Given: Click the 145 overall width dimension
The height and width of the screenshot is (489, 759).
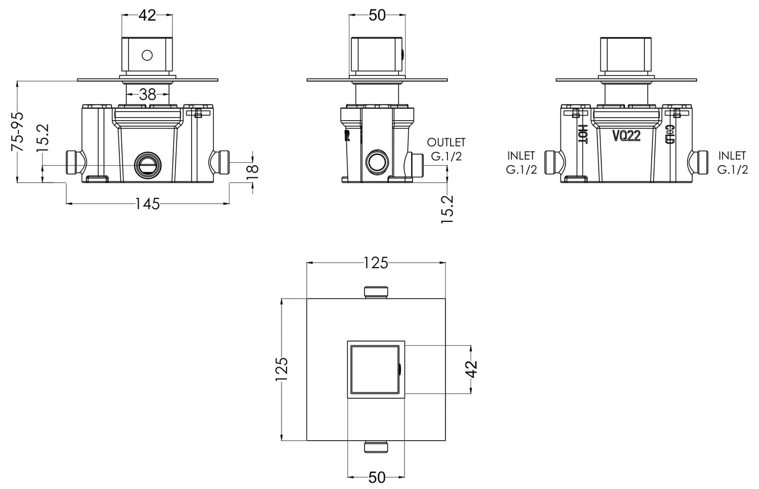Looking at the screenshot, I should pos(148,204).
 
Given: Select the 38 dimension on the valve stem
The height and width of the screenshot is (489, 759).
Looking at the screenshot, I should pos(148,94).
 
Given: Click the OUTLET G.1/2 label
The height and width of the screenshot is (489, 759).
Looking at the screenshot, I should pos(446,150).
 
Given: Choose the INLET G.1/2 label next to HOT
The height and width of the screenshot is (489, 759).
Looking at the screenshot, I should pos(521,163).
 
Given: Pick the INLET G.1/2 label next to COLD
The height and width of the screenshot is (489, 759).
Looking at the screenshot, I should pos(732,163).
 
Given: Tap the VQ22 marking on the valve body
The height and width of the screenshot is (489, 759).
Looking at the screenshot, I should pos(626,136).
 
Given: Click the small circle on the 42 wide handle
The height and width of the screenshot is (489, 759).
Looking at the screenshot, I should pos(148,55).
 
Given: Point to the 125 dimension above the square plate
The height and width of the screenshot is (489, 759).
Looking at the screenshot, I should pos(376,263).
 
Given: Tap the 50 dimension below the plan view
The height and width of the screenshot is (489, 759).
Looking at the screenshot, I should pos(376,477).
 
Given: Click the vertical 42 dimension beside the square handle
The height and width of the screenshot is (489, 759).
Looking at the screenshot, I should pos(471,369).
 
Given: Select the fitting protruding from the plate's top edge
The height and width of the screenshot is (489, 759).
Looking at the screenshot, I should pos(376,292).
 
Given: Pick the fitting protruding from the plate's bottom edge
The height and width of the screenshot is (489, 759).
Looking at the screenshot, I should pos(376,447).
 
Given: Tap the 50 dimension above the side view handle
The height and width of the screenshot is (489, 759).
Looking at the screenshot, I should pos(377,16).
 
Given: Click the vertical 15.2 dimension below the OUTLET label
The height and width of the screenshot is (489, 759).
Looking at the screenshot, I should pos(448,209).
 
